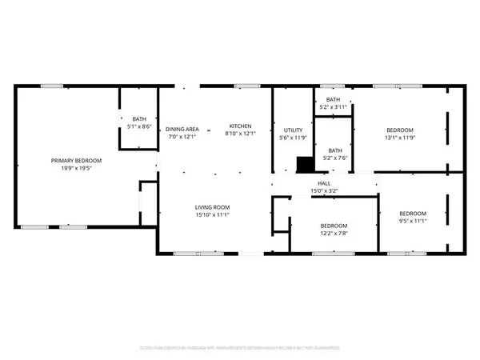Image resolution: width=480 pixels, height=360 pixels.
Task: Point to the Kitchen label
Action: (x=241, y=126)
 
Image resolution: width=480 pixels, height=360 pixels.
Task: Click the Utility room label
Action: (x=291, y=130)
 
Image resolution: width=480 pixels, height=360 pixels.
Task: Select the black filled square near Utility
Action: (x=304, y=164)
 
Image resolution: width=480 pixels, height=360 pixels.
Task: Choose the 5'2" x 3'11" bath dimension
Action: (x=333, y=106)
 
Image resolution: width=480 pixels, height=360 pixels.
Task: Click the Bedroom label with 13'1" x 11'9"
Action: (x=400, y=130)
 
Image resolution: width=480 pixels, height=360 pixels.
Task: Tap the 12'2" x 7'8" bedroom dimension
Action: (x=334, y=233)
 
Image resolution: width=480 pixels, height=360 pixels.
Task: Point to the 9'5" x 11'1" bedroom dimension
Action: (x=413, y=221)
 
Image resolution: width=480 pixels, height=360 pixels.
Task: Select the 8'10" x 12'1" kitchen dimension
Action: (x=241, y=134)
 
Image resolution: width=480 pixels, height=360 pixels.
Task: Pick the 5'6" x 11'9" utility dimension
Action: (x=291, y=138)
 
